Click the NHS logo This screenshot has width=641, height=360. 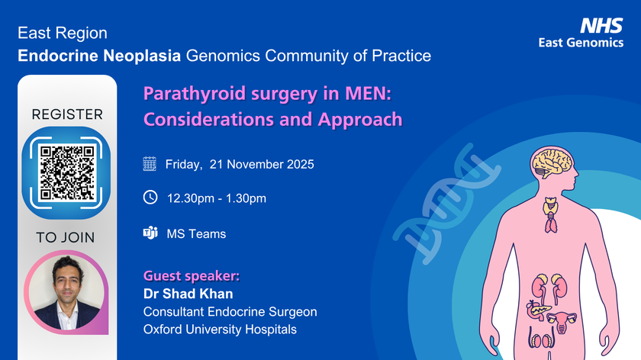coord(602,26)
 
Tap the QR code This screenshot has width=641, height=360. coord(67,172)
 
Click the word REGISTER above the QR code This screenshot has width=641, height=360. coord(67,114)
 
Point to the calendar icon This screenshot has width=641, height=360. coord(150,164)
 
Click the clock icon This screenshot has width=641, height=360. coord(150,198)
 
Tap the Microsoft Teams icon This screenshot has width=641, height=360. coord(150,233)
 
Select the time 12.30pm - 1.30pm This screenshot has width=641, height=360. coord(217,199)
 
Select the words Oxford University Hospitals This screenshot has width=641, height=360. coord(220,329)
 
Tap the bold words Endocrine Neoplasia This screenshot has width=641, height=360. coord(99,56)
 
